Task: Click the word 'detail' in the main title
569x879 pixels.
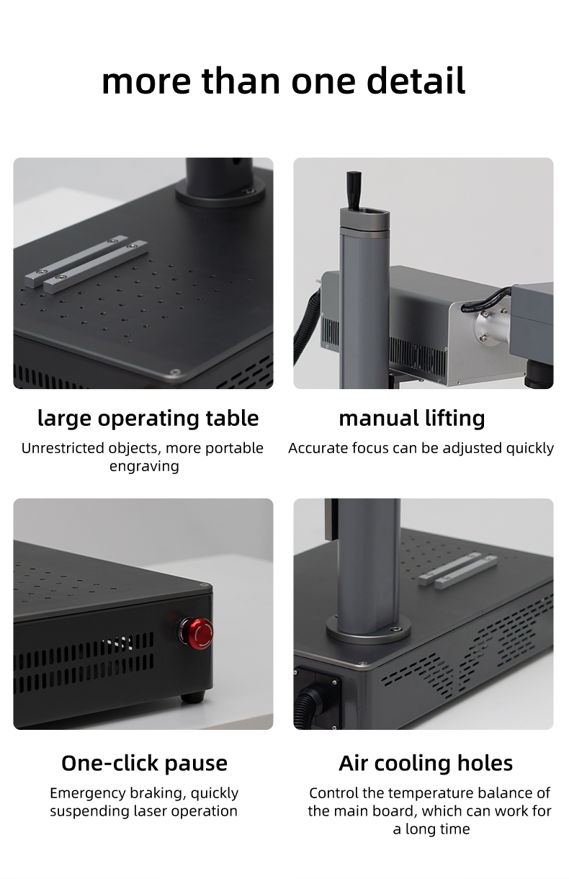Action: click(x=416, y=81)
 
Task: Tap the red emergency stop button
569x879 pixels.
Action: click(x=197, y=633)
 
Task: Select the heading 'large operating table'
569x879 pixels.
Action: click(x=148, y=418)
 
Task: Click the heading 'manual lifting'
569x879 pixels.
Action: click(x=412, y=418)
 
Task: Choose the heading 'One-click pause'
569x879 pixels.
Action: click(x=144, y=763)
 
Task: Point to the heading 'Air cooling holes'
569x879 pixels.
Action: click(x=426, y=763)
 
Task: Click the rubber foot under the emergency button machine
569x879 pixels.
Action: click(x=192, y=697)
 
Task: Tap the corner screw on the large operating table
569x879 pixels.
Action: click(x=173, y=372)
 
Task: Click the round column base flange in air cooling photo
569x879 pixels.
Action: click(x=368, y=632)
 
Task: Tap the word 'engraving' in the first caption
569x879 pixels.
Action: click(x=144, y=466)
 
